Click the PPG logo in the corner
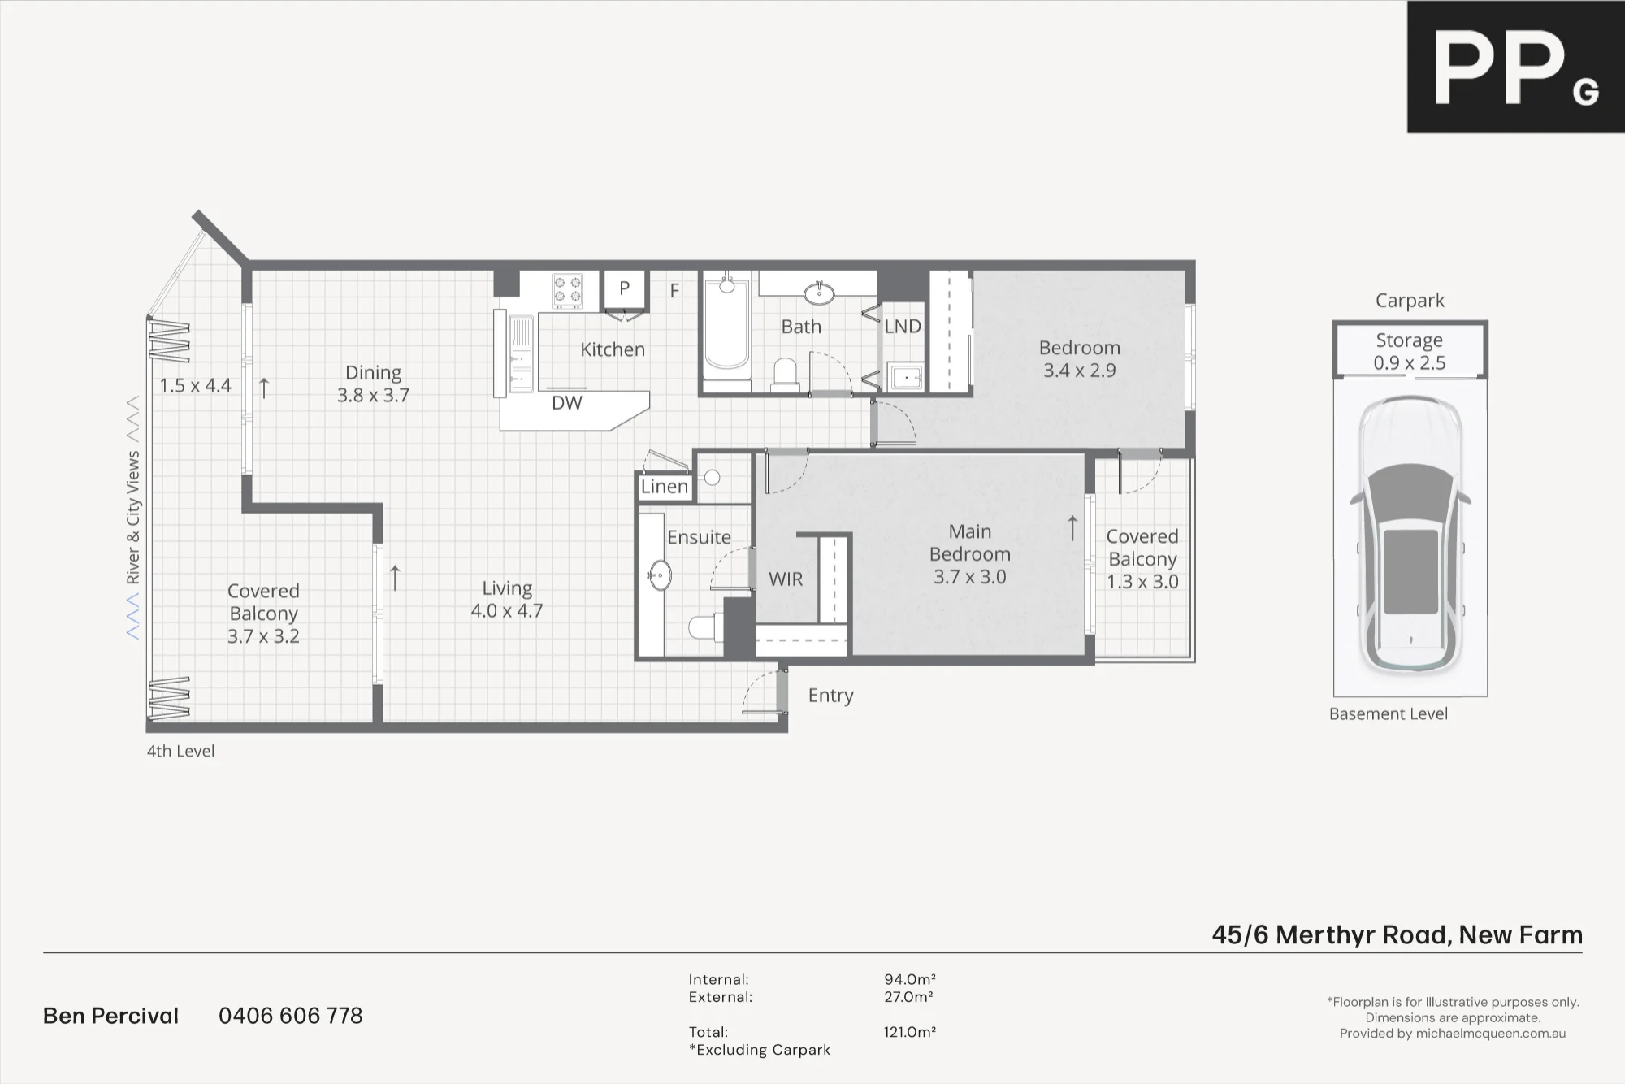(1516, 67)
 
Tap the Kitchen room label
(613, 349)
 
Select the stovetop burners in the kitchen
(567, 292)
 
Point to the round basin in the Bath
(819, 293)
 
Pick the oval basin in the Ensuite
(660, 575)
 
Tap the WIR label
(786, 579)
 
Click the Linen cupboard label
(665, 487)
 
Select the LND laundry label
(903, 327)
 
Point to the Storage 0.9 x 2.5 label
(1410, 351)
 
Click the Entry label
(830, 696)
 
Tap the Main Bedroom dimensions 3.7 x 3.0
(970, 577)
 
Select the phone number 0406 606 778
(291, 1016)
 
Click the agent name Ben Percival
(110, 1016)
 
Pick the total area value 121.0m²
(910, 1032)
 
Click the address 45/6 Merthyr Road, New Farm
(1397, 934)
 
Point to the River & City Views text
(133, 518)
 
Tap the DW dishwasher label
(567, 403)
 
